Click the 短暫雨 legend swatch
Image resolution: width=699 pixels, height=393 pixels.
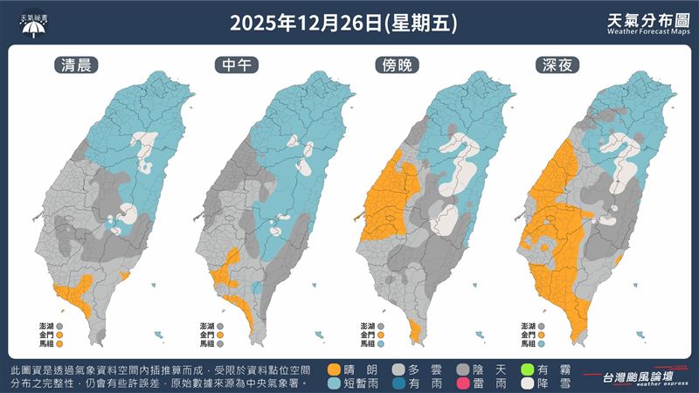tap(334, 384)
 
